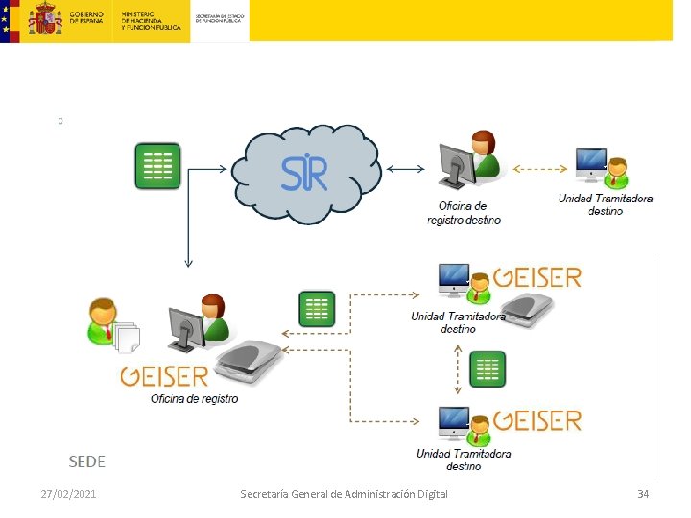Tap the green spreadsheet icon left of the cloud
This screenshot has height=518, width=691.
pos(156,166)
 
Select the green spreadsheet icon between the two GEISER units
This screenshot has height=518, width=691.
pos(488,369)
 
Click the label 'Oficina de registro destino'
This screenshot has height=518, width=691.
pos(464,213)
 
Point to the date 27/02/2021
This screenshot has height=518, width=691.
pos(68,493)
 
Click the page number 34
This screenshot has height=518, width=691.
pos(643,493)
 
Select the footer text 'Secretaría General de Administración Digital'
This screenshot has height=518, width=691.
pos(344,493)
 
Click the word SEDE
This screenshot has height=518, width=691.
pos(86,461)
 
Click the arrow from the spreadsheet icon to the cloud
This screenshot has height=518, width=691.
pos(207,169)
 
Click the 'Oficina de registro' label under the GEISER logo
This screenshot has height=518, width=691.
pos(194,398)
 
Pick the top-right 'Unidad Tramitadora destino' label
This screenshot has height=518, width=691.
pos(606,205)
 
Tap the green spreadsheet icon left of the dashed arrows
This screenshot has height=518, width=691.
pos(317,310)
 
